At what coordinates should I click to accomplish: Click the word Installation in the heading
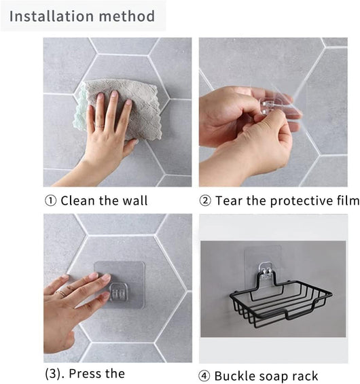pyautogui.click(x=52, y=16)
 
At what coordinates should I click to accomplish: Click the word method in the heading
pyautogui.click(x=127, y=16)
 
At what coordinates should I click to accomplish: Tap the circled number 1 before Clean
pyautogui.click(x=51, y=200)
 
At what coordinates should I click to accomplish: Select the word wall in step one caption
pyautogui.click(x=135, y=200)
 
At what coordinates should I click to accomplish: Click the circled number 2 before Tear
pyautogui.click(x=205, y=200)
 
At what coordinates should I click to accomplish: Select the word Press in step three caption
pyautogui.click(x=85, y=374)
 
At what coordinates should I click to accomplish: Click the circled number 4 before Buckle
pyautogui.click(x=204, y=376)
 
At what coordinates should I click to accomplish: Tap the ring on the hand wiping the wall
pyautogui.click(x=99, y=126)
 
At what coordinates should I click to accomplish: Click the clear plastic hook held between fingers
pyautogui.click(x=269, y=105)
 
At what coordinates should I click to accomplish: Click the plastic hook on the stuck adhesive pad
pyautogui.click(x=118, y=292)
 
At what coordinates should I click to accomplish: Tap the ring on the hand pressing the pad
pyautogui.click(x=61, y=294)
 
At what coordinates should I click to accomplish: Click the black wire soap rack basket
pyautogui.click(x=281, y=299)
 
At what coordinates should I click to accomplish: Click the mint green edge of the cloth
pyautogui.click(x=79, y=110)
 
